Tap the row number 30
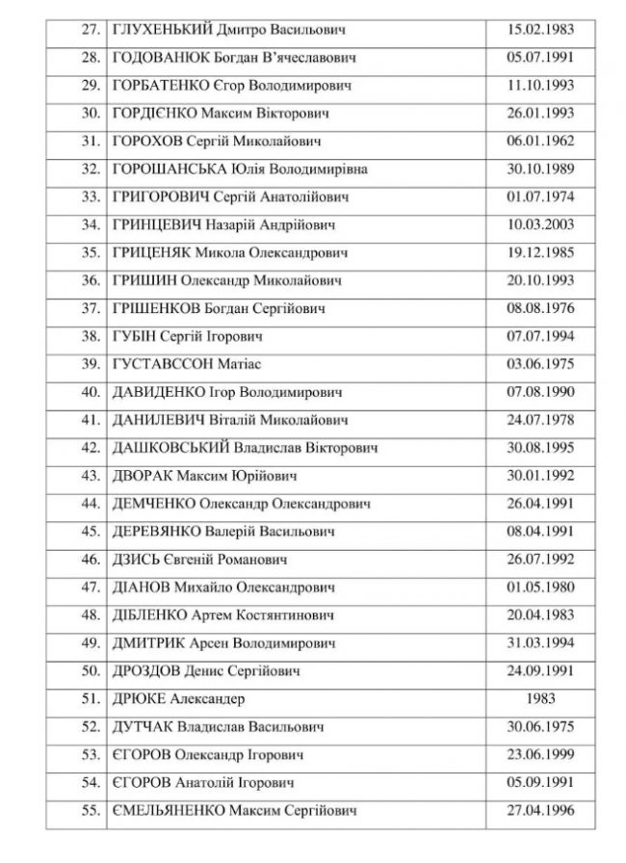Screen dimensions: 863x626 tap(91, 113)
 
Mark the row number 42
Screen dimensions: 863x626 tap(91, 448)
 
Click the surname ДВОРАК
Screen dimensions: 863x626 tap(141, 476)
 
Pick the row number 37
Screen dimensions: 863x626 tap(91, 308)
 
